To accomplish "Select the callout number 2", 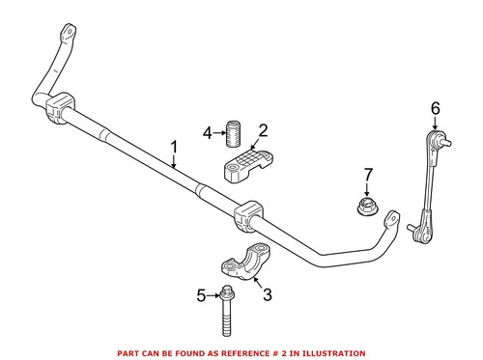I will (264, 130).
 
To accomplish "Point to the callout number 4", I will (208, 132).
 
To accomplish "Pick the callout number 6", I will (434, 109).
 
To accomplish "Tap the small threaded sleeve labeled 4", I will (232, 130).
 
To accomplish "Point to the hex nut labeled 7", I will (366, 206).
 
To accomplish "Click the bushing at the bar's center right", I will (246, 214).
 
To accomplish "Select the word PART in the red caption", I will (130, 352).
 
